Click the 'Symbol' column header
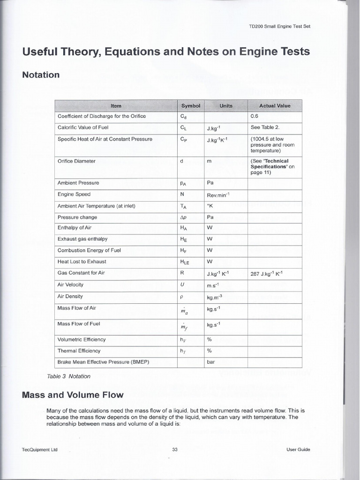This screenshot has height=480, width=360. click(x=190, y=105)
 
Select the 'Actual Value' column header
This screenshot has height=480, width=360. click(x=275, y=105)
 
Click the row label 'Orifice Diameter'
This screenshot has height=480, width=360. click(x=76, y=161)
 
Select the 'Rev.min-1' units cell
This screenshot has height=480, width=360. click(x=218, y=195)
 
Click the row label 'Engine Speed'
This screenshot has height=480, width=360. click(x=74, y=194)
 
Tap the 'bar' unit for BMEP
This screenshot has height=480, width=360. click(x=210, y=362)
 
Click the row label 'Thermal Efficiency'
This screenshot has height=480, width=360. click(x=79, y=351)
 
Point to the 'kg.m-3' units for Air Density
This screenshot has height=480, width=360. click(x=217, y=296)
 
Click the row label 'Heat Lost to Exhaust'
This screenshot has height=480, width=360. click(x=82, y=262)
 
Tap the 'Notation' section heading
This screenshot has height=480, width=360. click(x=41, y=75)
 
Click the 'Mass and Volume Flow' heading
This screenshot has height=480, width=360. click(x=73, y=395)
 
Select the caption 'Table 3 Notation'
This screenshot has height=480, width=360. click(x=68, y=376)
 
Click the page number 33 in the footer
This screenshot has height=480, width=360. click(x=175, y=450)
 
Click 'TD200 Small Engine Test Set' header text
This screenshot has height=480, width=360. click(x=279, y=26)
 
